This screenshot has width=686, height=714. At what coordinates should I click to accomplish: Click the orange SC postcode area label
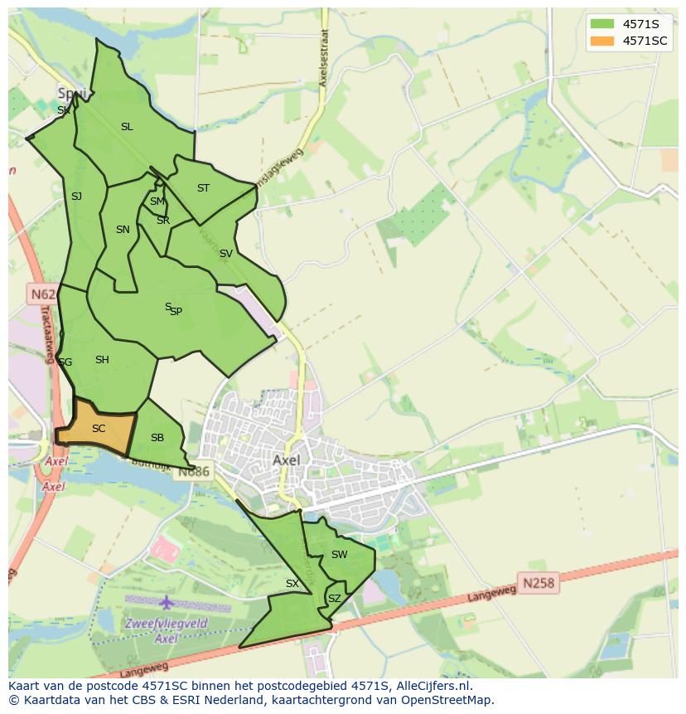click(x=99, y=429)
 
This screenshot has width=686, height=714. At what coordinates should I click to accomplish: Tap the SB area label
click(x=157, y=438)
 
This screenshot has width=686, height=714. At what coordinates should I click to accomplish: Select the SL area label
click(x=127, y=127)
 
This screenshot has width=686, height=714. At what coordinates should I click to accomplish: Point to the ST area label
click(x=203, y=188)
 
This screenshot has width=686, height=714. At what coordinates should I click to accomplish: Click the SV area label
click(x=225, y=254)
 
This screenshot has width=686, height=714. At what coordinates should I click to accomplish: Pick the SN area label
click(x=123, y=230)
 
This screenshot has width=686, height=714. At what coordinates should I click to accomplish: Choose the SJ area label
click(x=76, y=197)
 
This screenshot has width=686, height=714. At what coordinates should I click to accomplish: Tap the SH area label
click(x=102, y=360)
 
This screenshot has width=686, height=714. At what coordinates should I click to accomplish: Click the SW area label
click(x=339, y=555)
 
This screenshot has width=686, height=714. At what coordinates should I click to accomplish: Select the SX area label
click(x=292, y=584)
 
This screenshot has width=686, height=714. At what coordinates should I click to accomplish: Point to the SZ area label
click(x=334, y=598)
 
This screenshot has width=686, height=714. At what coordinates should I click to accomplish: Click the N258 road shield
click(x=539, y=584)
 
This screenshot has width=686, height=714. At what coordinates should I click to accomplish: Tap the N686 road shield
click(x=195, y=471)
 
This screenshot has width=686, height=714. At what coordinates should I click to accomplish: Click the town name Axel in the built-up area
click(x=286, y=459)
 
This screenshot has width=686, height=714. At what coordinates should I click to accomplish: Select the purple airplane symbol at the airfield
click(x=167, y=601)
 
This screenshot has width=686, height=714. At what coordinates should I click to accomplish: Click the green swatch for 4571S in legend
click(x=602, y=24)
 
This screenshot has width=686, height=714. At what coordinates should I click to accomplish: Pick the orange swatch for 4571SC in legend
click(x=602, y=41)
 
